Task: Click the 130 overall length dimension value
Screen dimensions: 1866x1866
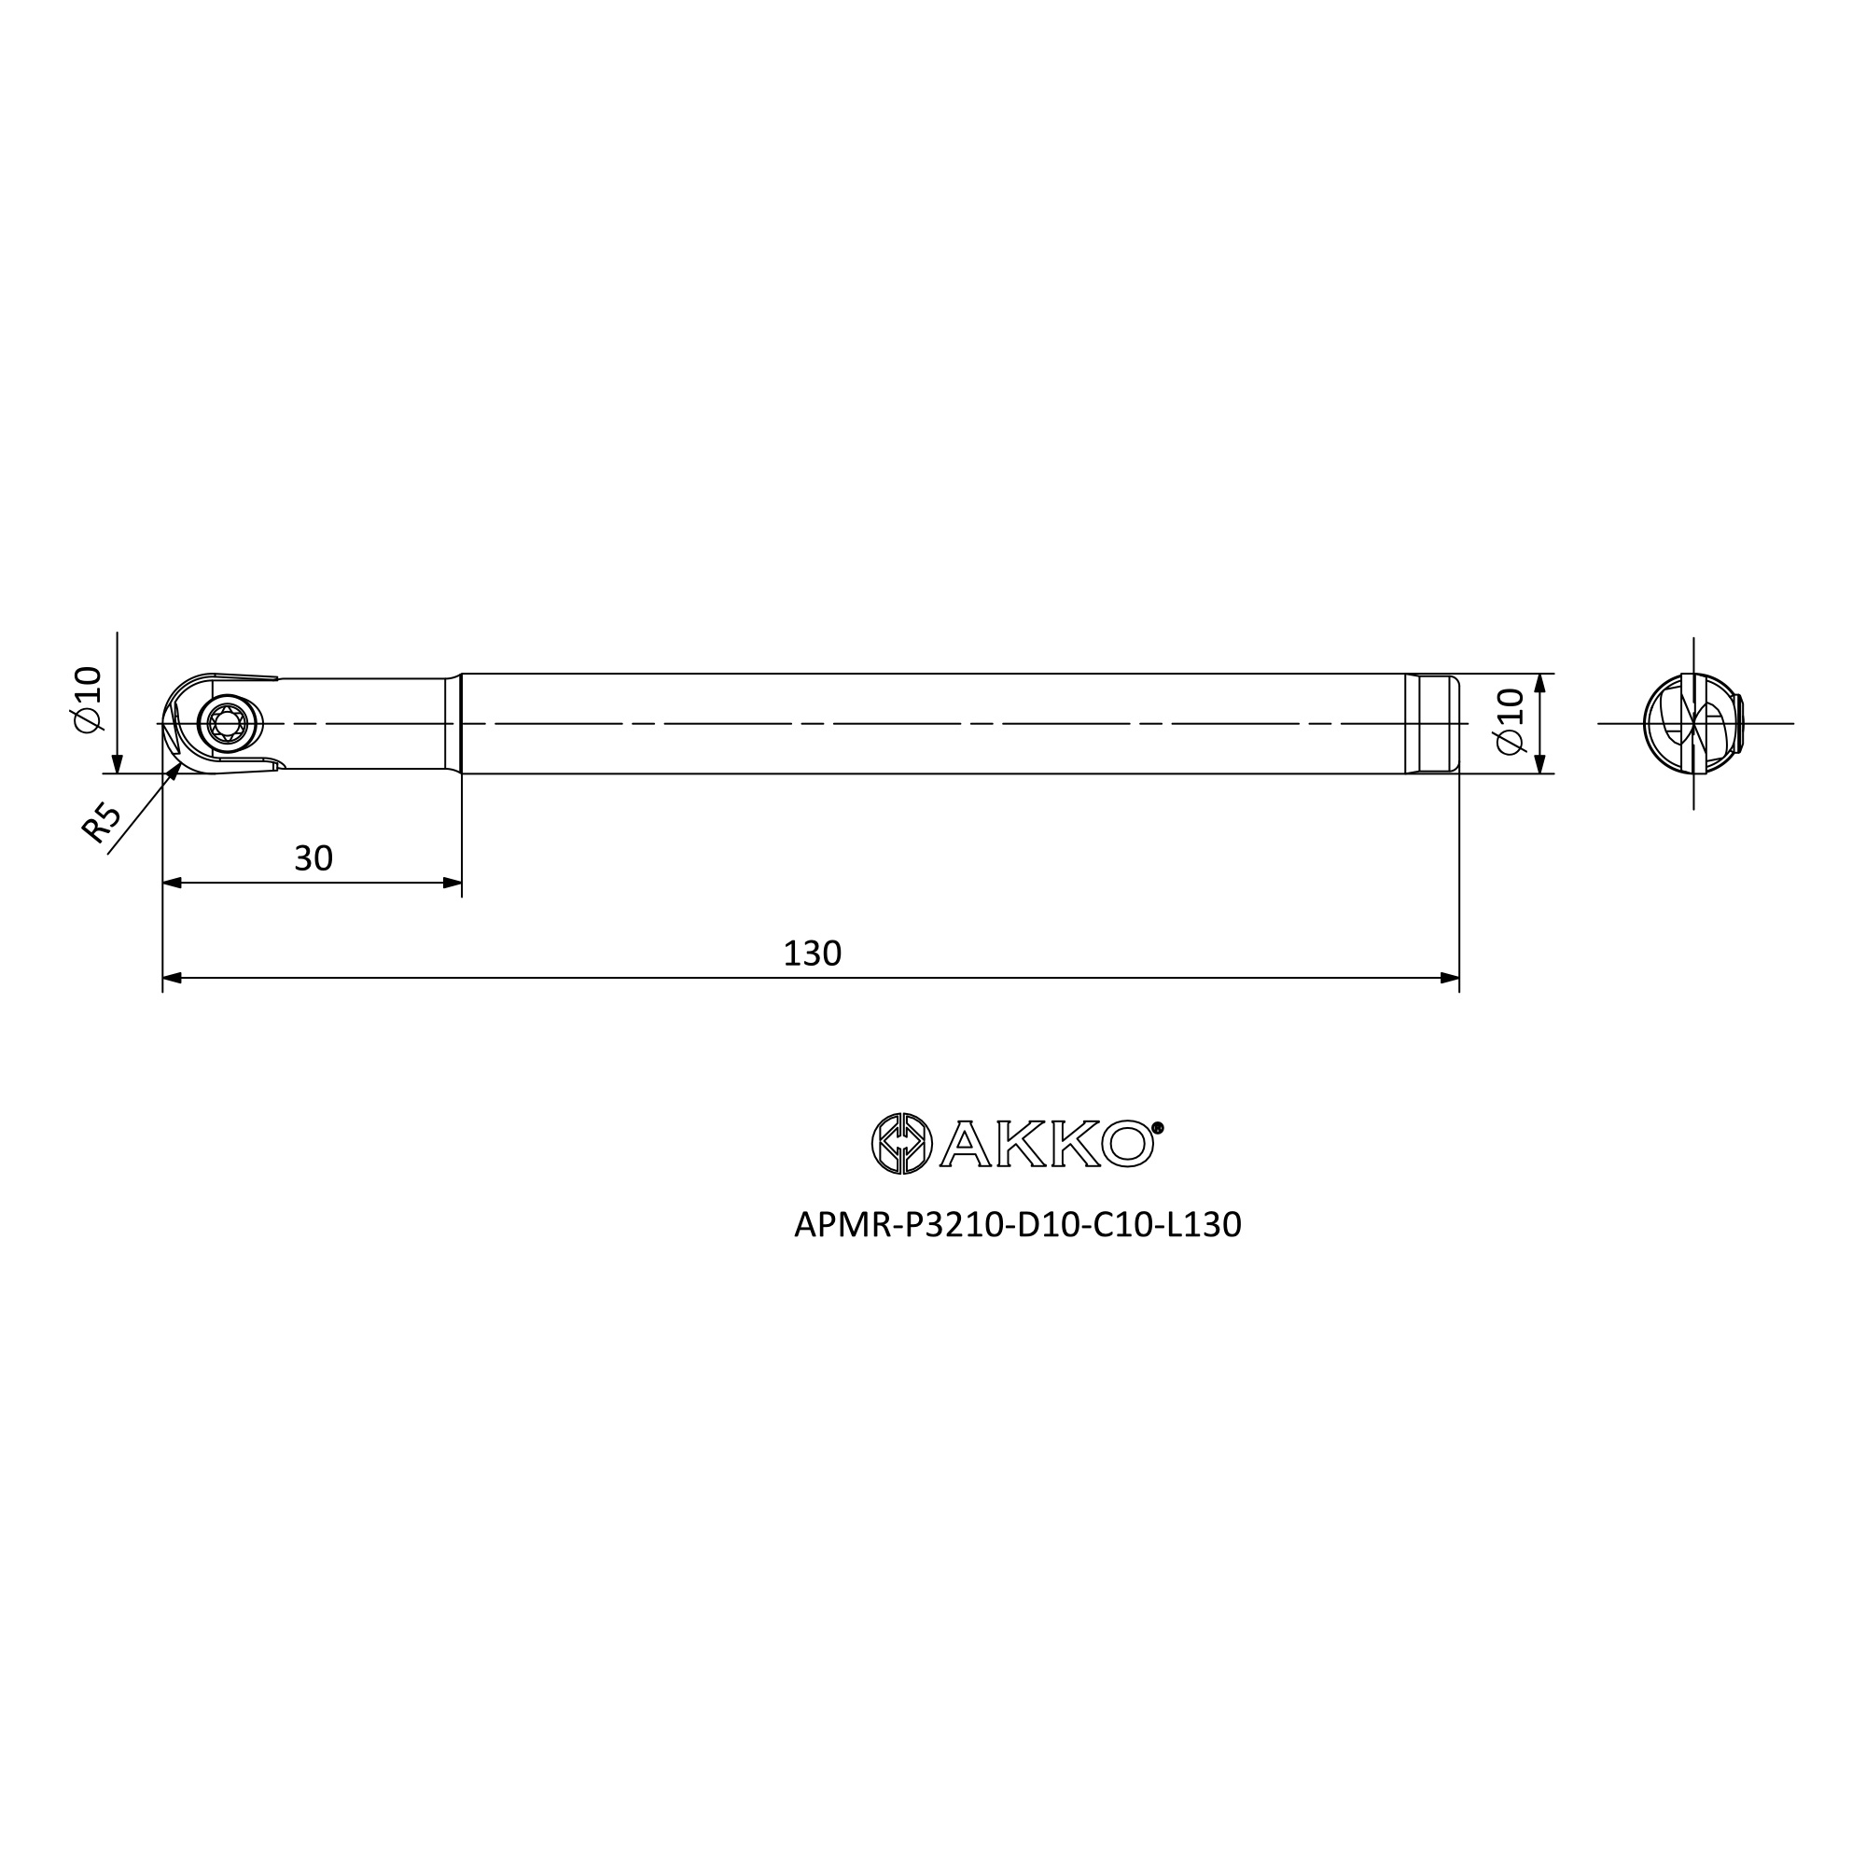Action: [813, 954]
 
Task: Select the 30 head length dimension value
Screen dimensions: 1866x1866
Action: [313, 858]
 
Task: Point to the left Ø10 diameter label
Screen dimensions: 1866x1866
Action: [88, 699]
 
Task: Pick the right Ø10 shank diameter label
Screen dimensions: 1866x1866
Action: [1509, 721]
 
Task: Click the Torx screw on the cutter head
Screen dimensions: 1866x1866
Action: [229, 722]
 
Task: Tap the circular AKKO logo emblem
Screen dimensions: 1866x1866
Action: [902, 1144]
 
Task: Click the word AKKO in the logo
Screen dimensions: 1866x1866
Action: [1047, 1145]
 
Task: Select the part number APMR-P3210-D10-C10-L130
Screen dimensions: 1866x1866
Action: [1017, 1225]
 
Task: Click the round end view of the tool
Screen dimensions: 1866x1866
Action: [1693, 722]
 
